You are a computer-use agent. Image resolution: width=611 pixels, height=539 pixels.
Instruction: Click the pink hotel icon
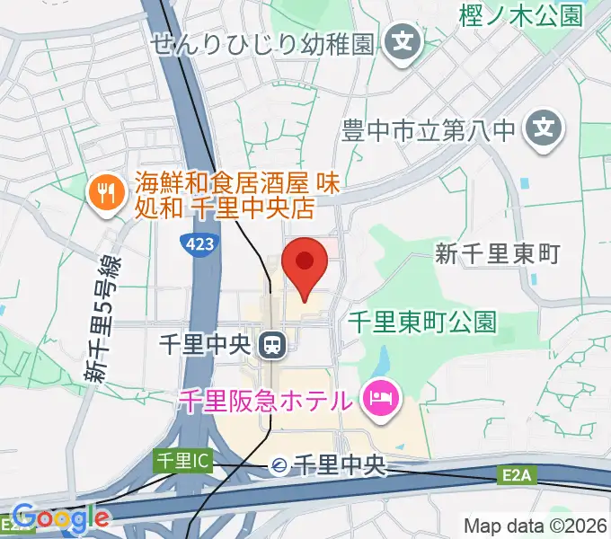click(x=382, y=398)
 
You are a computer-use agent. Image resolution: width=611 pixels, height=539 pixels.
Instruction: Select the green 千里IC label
click(x=182, y=461)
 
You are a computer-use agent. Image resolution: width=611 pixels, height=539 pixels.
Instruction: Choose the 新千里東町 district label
click(x=498, y=254)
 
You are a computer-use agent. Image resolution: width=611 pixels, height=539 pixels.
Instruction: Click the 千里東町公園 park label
click(x=422, y=322)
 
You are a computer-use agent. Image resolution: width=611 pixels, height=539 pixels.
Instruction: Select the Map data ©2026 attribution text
click(x=536, y=526)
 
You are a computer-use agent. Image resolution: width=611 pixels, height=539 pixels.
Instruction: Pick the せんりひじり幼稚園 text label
click(x=262, y=43)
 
